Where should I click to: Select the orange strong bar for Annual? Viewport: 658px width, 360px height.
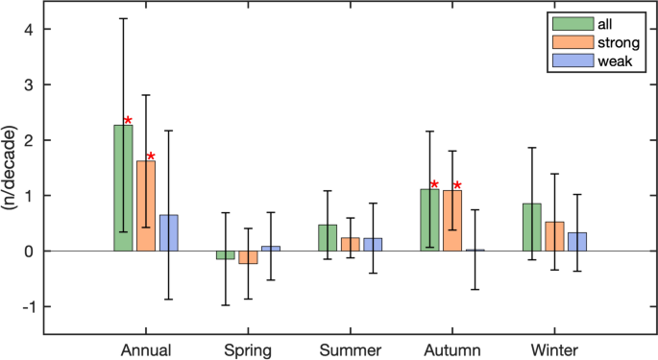coord(146,205)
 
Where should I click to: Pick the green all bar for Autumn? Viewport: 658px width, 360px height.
coord(429,220)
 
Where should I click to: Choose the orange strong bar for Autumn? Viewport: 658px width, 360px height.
coord(452,221)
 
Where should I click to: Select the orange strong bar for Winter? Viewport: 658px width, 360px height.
coord(554,236)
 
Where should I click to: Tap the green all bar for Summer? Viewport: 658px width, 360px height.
coord(328,238)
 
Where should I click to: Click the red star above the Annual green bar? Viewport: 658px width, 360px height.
coord(128,121)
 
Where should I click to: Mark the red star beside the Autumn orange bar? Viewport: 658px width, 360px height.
coord(457,185)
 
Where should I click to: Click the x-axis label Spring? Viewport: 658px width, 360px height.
coord(248,349)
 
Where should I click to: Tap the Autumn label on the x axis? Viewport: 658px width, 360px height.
coord(452,349)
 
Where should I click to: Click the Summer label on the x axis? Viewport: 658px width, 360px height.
coord(351,349)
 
